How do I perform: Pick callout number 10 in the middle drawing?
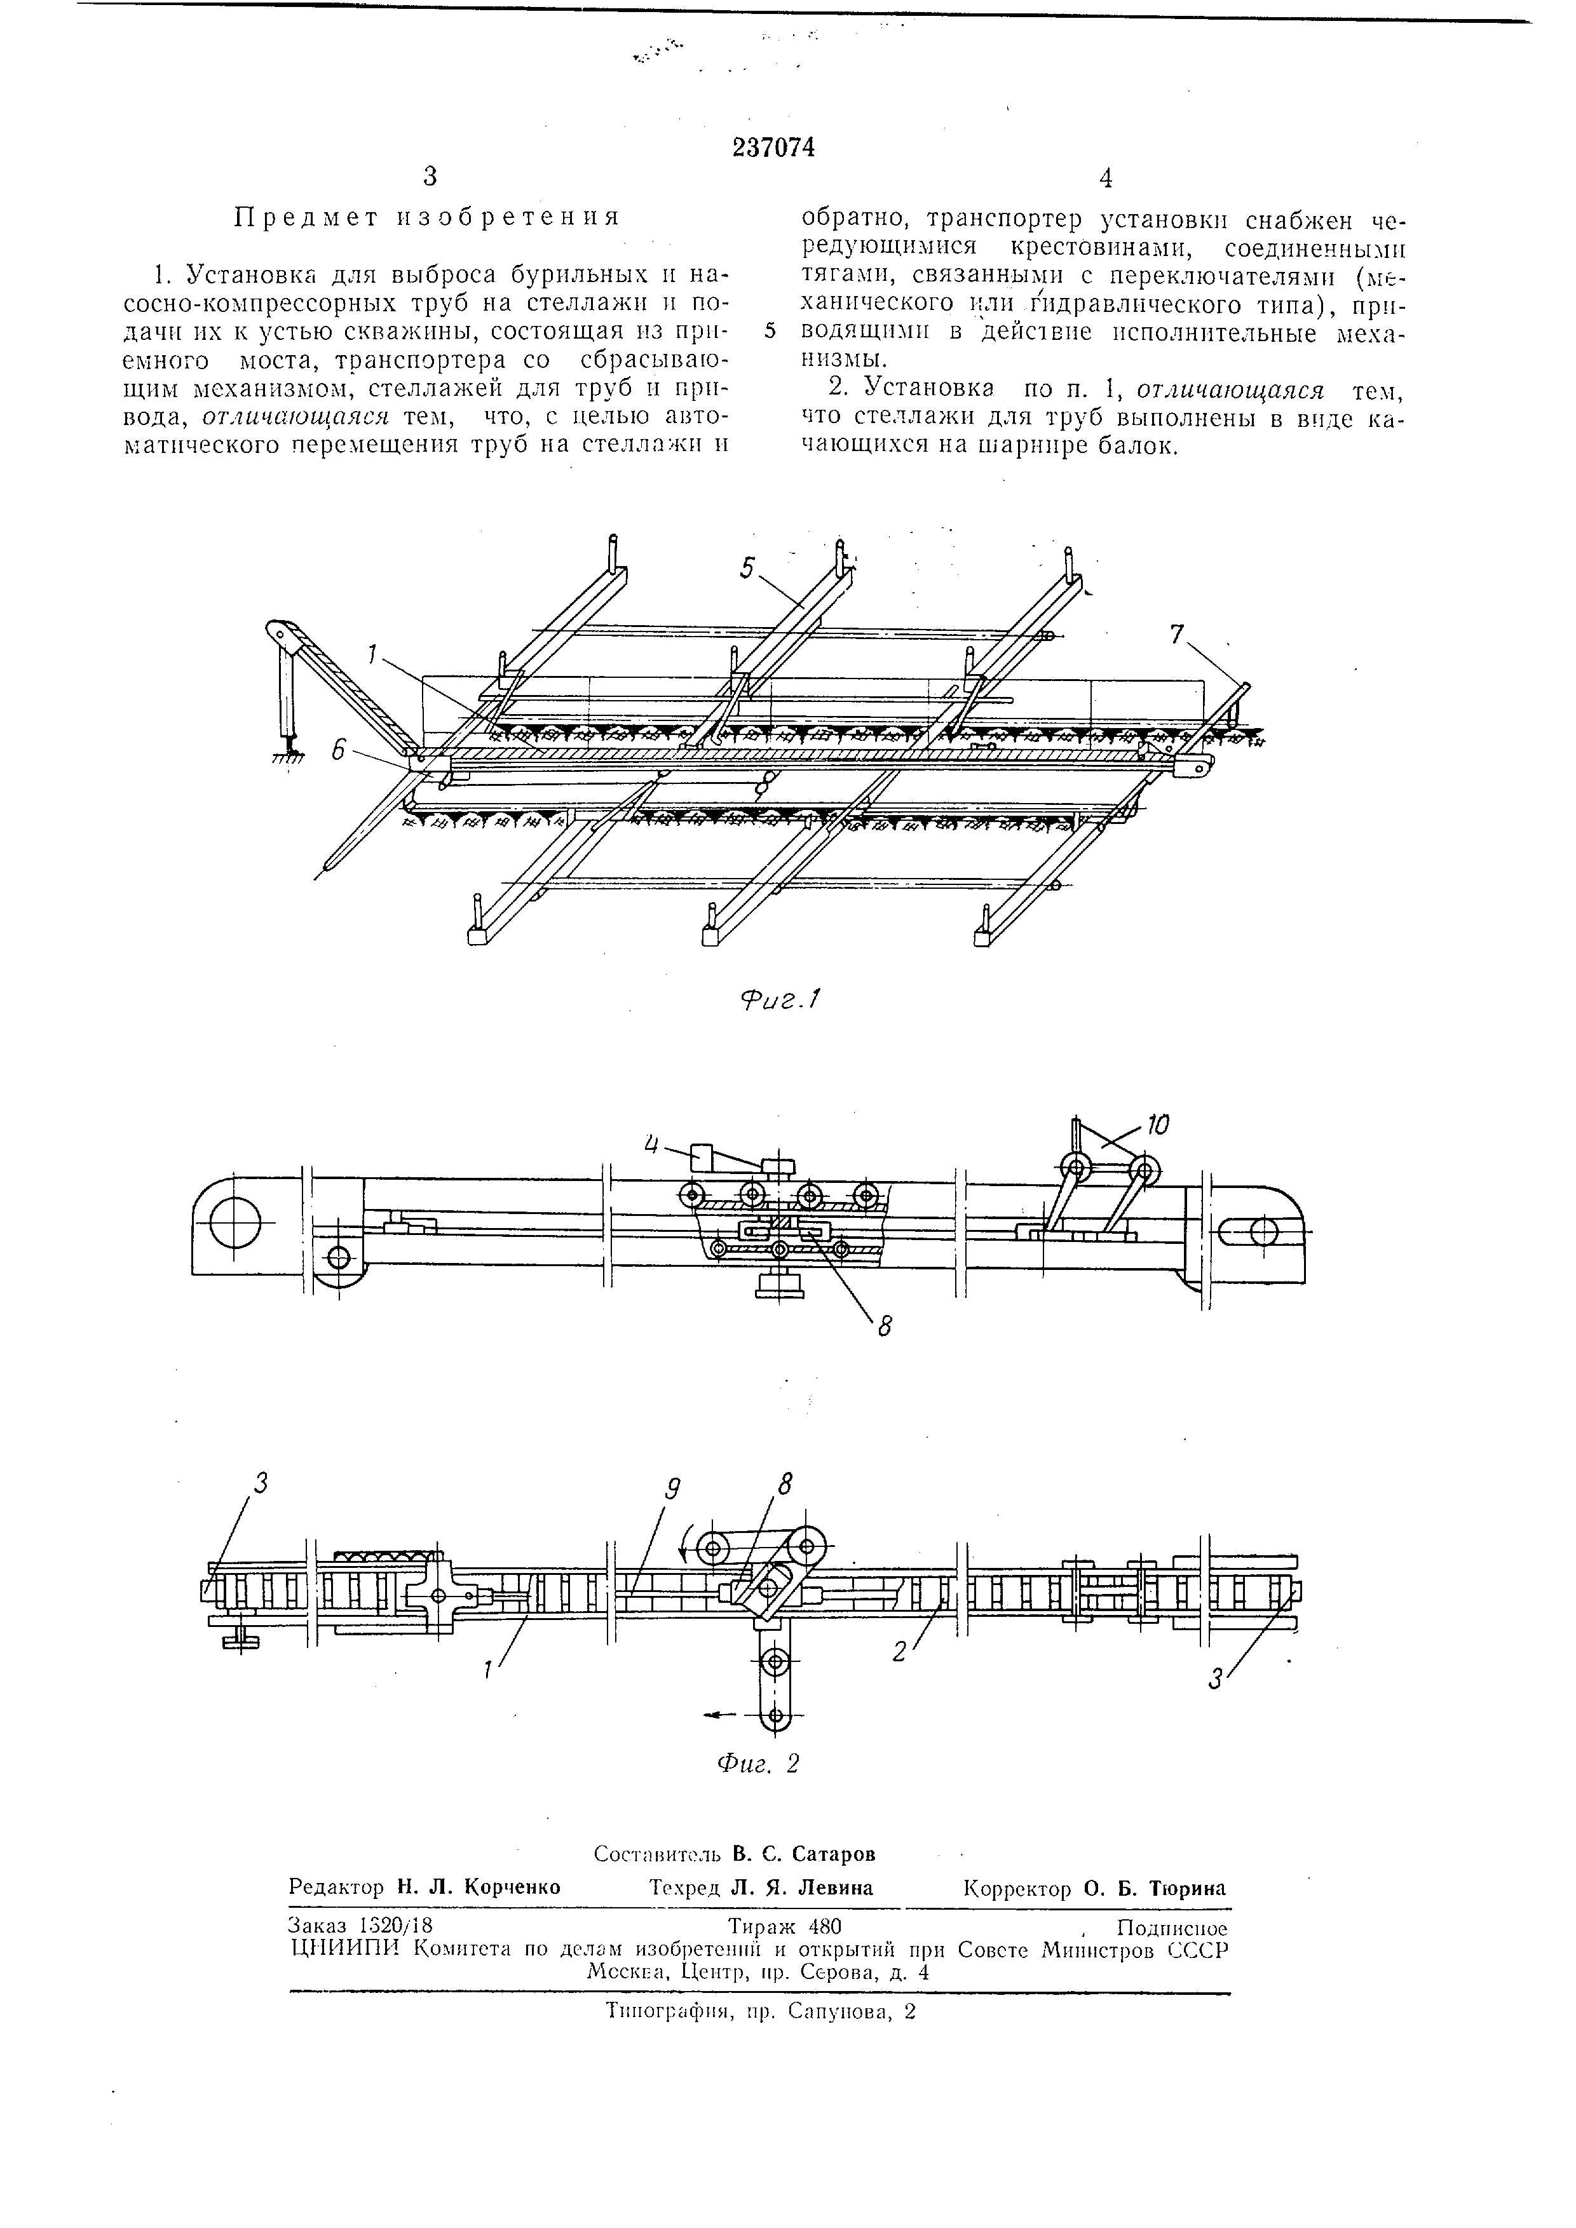pos(1157,1126)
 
